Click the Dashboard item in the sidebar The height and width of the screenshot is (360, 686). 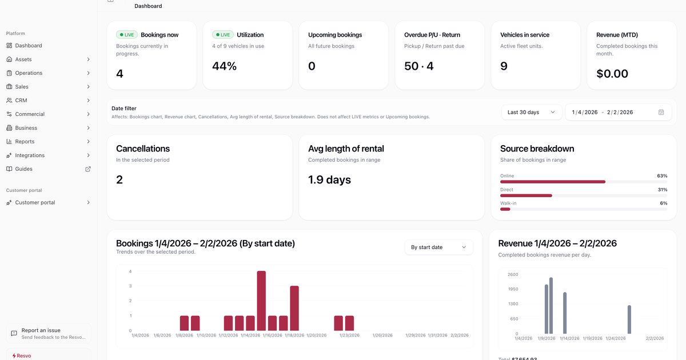tap(28, 46)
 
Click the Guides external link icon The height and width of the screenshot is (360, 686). tap(88, 169)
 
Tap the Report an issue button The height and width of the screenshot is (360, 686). tap(49, 333)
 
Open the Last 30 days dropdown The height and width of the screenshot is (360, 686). tap(531, 113)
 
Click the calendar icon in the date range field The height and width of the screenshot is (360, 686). tap(661, 113)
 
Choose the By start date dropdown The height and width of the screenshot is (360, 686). tap(438, 247)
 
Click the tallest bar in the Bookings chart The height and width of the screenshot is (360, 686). tap(261, 301)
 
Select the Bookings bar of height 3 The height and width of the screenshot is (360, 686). tap(294, 308)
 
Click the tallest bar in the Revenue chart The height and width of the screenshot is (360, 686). tap(551, 305)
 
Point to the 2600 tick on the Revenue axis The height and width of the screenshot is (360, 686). tap(512, 274)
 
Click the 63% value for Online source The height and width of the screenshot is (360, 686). tap(662, 176)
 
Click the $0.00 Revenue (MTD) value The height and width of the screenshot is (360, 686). tap(612, 74)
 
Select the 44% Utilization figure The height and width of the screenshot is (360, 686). tap(224, 66)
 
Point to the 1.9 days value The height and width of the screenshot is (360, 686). tap(329, 180)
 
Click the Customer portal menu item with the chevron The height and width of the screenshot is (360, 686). tap(49, 203)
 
